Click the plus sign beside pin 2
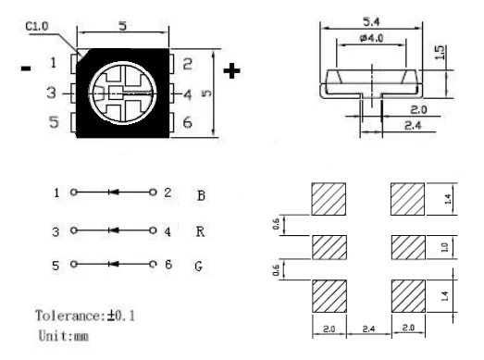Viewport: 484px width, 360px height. (232, 68)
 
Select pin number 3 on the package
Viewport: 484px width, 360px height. (53, 93)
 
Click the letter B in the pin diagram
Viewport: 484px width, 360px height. (201, 195)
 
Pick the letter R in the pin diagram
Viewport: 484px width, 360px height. (201, 232)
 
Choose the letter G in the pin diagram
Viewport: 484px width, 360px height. (201, 265)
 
